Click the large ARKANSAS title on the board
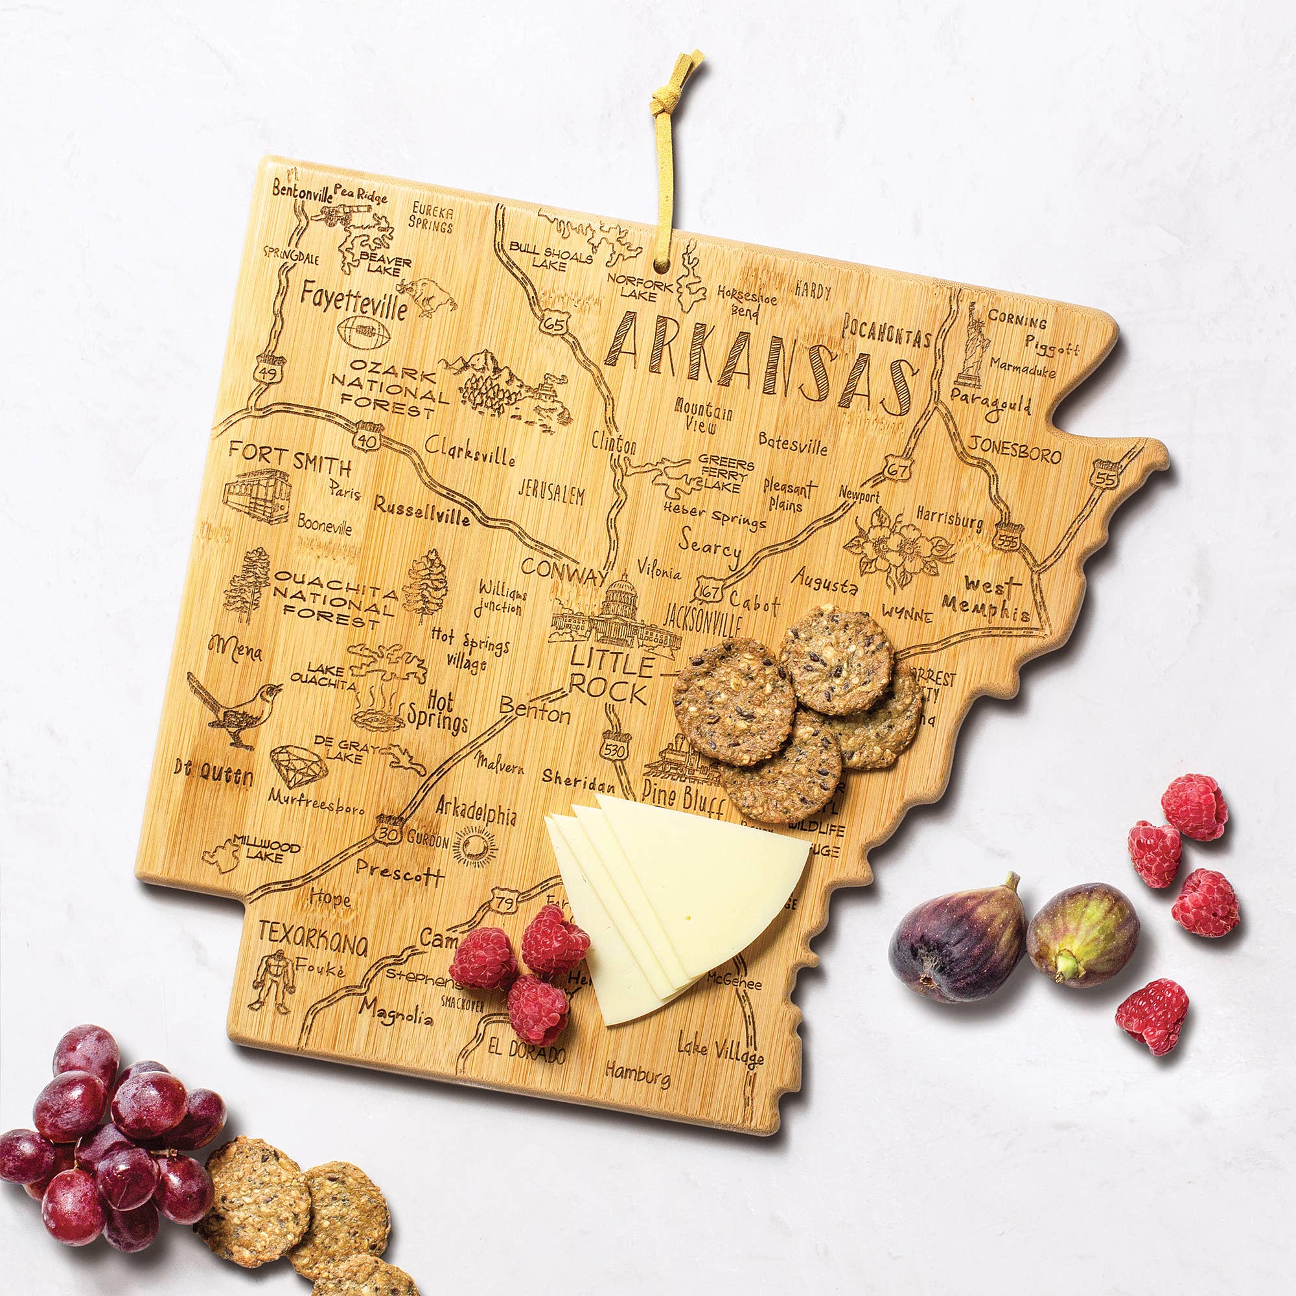[761, 365]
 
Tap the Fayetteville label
[354, 301]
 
